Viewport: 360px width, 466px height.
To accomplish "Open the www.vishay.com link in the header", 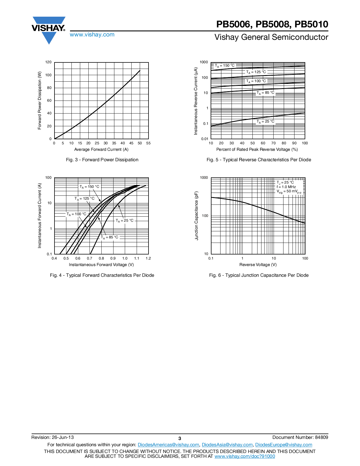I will tap(92, 35).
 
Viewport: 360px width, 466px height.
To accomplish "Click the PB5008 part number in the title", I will tap(273, 24).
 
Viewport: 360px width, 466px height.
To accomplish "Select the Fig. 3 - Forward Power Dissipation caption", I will tap(102, 160).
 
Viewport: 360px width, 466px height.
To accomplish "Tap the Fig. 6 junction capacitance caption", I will tap(259, 275).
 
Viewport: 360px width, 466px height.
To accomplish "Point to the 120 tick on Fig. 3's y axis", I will tap(48, 62).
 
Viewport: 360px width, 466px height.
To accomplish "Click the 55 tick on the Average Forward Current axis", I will tap(149, 143).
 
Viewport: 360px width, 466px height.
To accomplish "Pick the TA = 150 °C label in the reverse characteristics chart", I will tap(224, 66).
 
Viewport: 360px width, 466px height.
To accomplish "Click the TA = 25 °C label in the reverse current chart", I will tap(265, 122).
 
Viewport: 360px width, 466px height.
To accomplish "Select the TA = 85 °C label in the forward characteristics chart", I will tap(110, 237).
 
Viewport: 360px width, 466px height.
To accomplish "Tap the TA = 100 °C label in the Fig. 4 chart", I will tap(76, 214).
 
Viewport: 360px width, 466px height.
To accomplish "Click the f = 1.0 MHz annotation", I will tap(286, 187).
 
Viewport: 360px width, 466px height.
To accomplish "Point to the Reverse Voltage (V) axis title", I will tap(258, 265).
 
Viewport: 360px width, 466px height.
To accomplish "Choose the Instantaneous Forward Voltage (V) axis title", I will tap(101, 265).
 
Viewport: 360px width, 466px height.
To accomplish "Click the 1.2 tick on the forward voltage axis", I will tap(148, 258).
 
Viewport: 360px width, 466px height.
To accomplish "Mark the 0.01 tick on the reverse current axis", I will tap(204, 139).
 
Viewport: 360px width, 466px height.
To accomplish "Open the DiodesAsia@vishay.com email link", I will tap(227, 445).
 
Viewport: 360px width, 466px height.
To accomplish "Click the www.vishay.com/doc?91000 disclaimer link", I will tap(245, 456).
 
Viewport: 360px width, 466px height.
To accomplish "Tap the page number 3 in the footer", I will tap(180, 439).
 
